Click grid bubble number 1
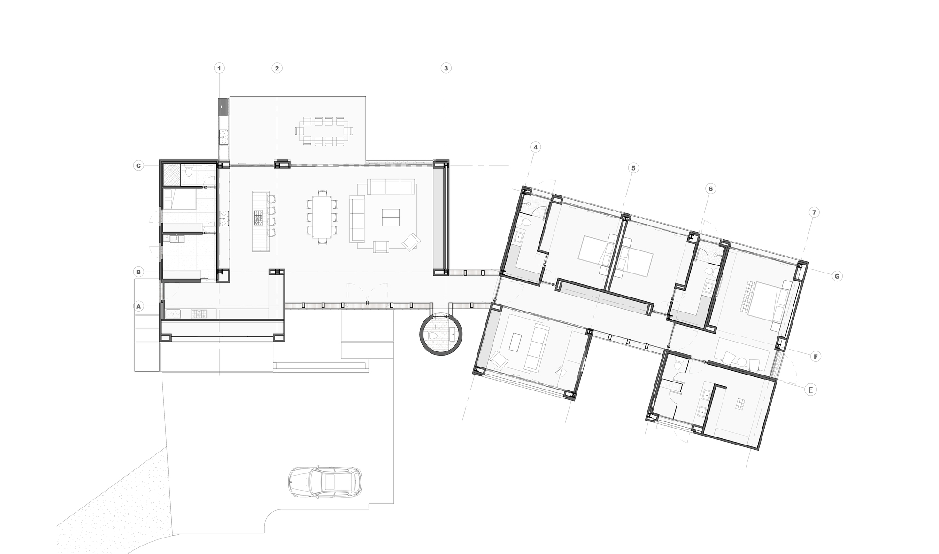tap(219, 68)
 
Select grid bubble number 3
tap(446, 68)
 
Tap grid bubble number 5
tap(632, 168)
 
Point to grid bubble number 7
tap(814, 212)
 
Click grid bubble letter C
tap(138, 165)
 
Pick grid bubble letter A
tap(138, 306)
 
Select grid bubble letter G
tap(837, 276)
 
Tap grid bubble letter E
tap(810, 390)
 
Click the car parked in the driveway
tap(324, 482)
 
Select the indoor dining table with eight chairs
tap(322, 217)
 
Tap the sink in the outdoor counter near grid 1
tap(223, 138)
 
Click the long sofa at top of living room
tap(391, 187)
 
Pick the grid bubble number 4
tap(535, 147)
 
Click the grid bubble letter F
tap(816, 357)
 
